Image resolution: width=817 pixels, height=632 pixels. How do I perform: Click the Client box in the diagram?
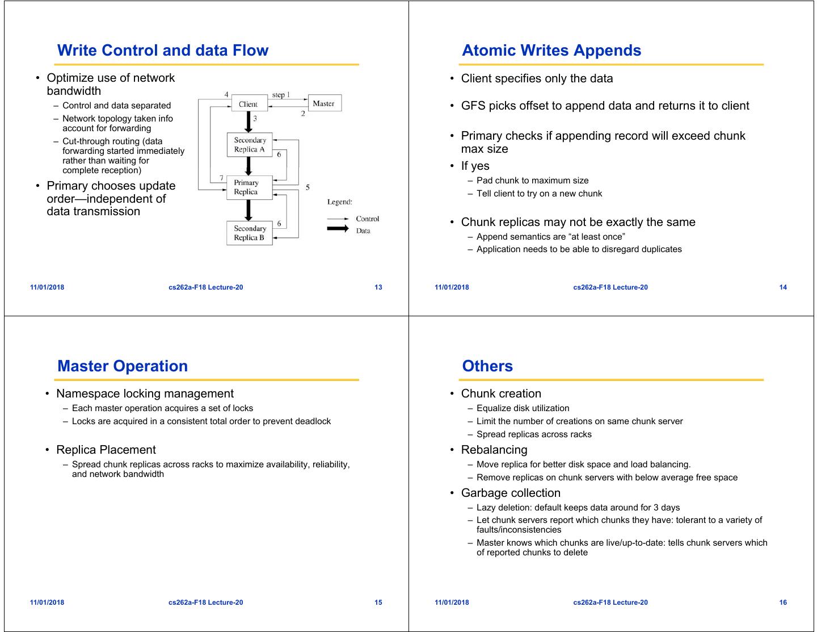click(249, 104)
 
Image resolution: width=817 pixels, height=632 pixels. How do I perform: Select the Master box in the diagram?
click(324, 103)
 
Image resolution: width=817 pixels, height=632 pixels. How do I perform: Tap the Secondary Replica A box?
click(250, 145)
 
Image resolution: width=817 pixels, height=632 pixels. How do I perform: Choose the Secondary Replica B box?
click(250, 233)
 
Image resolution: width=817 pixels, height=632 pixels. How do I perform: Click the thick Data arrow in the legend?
click(338, 229)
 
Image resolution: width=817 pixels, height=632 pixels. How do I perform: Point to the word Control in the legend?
click(367, 219)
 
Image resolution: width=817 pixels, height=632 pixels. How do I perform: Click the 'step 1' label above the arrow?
click(281, 95)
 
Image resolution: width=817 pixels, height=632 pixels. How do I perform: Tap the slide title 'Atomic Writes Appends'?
click(551, 51)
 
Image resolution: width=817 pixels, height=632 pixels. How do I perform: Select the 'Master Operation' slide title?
click(123, 366)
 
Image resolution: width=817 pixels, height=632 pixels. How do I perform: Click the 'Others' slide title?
click(487, 366)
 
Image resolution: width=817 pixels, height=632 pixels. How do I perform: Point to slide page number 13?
click(378, 287)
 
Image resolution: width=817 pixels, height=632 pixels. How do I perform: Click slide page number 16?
click(783, 602)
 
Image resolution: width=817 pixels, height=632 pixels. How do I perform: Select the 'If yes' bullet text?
click(475, 166)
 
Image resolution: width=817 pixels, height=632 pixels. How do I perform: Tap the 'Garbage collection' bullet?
click(511, 493)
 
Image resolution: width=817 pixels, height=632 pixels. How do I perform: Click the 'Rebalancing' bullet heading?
click(494, 450)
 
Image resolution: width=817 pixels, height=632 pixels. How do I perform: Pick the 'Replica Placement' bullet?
click(106, 450)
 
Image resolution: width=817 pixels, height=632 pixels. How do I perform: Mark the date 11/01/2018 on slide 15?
click(47, 602)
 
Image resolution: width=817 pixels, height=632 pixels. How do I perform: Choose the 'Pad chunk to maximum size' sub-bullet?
click(532, 181)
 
